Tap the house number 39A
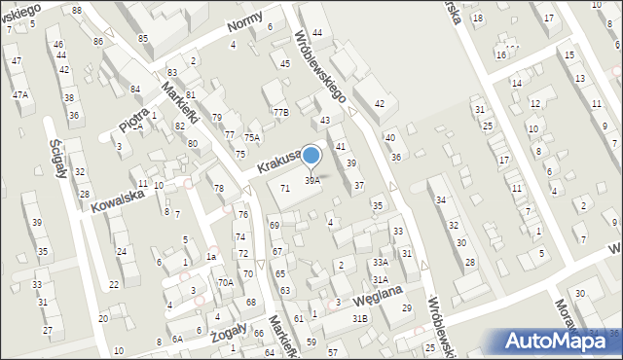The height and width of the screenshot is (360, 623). pos(312,180)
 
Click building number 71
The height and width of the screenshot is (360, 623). pos(284,188)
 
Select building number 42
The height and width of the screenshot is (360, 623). pos(380,103)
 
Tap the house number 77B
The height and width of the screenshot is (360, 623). pos(280,113)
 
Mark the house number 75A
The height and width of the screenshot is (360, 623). pos(252,138)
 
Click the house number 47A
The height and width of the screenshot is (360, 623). pos(19,94)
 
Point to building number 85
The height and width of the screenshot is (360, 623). pos(143,38)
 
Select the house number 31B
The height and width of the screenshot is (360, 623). pos(360,318)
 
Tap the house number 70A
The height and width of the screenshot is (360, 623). pos(225,282)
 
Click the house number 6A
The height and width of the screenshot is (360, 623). pos(177,339)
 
